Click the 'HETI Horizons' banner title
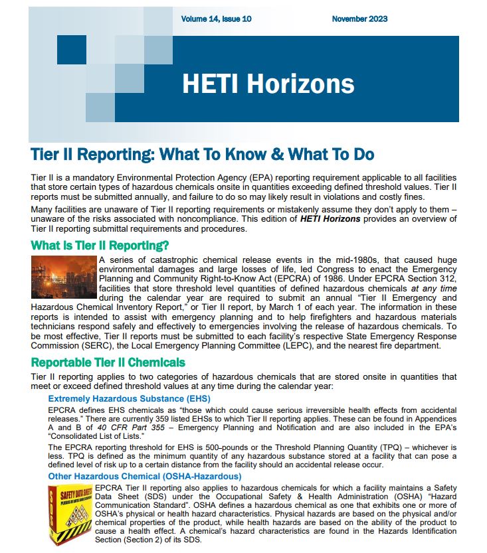[268, 84]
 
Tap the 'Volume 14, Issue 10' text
[216, 19]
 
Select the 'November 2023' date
[359, 19]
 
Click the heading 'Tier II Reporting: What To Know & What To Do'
[202, 155]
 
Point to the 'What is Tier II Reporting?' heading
[100, 246]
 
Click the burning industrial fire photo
[64, 276]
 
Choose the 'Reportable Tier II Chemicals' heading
[108, 362]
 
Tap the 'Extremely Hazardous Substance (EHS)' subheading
[129, 398]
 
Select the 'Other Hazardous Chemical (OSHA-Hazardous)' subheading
[144, 476]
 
